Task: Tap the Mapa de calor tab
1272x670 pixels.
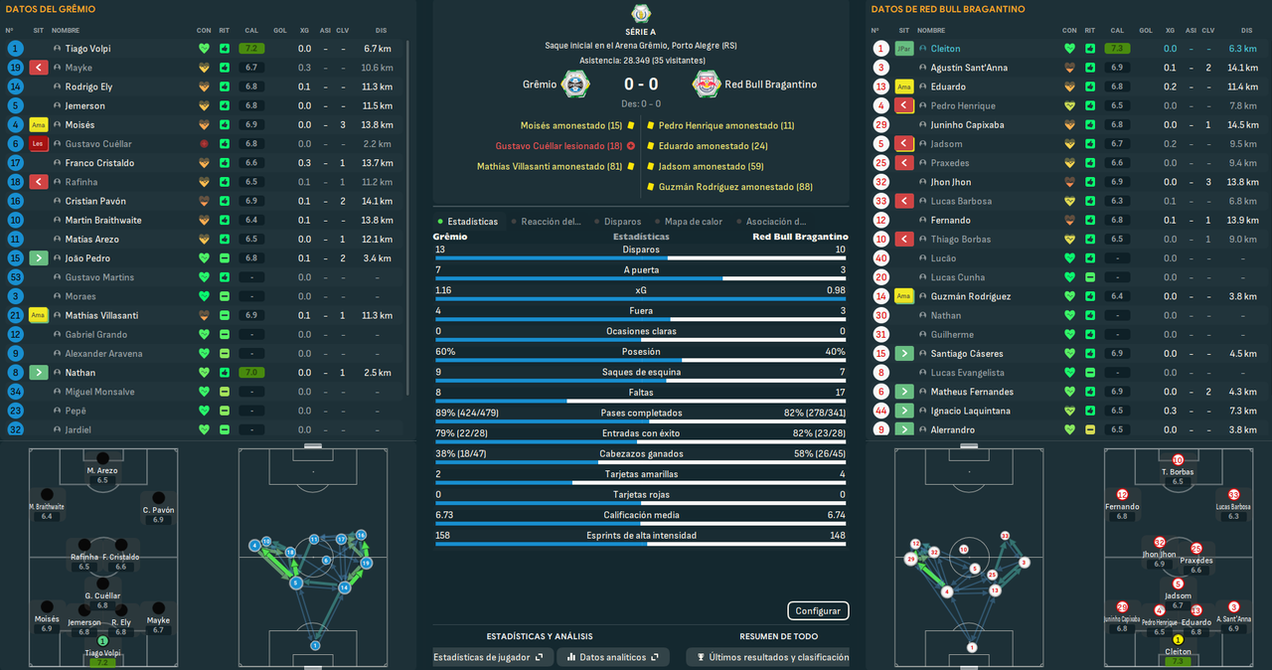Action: pos(694,222)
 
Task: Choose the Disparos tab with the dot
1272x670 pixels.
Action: pos(622,222)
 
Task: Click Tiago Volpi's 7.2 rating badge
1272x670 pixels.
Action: pos(250,49)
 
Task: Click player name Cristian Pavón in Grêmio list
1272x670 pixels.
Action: pos(96,201)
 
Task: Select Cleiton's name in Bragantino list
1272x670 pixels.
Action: pos(945,49)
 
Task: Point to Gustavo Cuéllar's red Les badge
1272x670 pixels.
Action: pos(39,144)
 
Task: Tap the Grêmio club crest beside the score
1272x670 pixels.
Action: pos(575,84)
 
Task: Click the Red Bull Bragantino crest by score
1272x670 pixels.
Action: pos(707,84)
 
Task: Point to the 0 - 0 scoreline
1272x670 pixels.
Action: pos(640,84)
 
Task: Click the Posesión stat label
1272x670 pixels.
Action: pos(641,351)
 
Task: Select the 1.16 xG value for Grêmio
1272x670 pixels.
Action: pos(443,289)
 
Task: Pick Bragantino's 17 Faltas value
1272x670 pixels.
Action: pos(841,393)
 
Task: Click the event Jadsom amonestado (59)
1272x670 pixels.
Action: pos(710,167)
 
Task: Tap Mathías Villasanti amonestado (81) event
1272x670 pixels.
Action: pos(550,167)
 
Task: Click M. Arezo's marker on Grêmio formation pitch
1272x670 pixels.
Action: pos(101,463)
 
